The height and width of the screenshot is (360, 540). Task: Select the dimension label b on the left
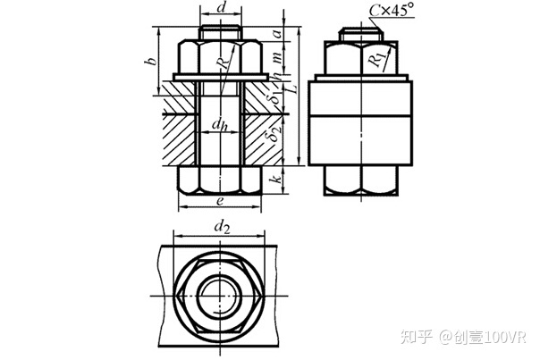tap(150, 61)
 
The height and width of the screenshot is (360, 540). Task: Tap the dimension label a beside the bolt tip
tap(278, 34)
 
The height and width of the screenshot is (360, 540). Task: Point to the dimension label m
tap(278, 56)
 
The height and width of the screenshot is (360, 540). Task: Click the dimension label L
tap(292, 88)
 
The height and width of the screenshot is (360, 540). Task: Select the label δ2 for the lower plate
tap(275, 133)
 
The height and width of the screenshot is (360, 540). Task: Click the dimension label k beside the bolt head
tap(277, 180)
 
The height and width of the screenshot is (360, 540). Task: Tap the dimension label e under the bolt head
tap(220, 201)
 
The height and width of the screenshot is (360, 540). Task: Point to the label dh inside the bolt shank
tap(219, 124)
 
